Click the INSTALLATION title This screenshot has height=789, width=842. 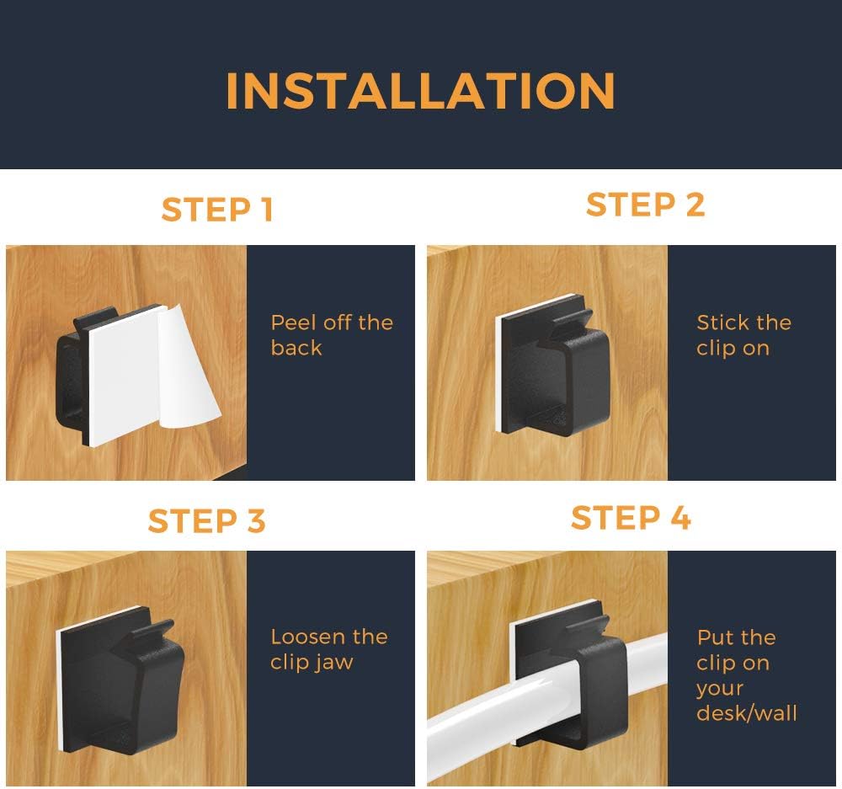420,91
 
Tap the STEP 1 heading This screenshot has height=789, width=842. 217,210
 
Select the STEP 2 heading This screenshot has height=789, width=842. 645,205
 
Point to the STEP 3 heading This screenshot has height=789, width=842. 207,520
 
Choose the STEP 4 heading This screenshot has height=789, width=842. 631,517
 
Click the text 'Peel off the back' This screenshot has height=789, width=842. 332,335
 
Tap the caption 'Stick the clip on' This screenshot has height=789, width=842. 743,335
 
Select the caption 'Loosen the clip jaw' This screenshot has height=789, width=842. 328,649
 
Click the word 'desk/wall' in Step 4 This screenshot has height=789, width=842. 746,713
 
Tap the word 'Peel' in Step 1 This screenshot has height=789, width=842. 294,323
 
